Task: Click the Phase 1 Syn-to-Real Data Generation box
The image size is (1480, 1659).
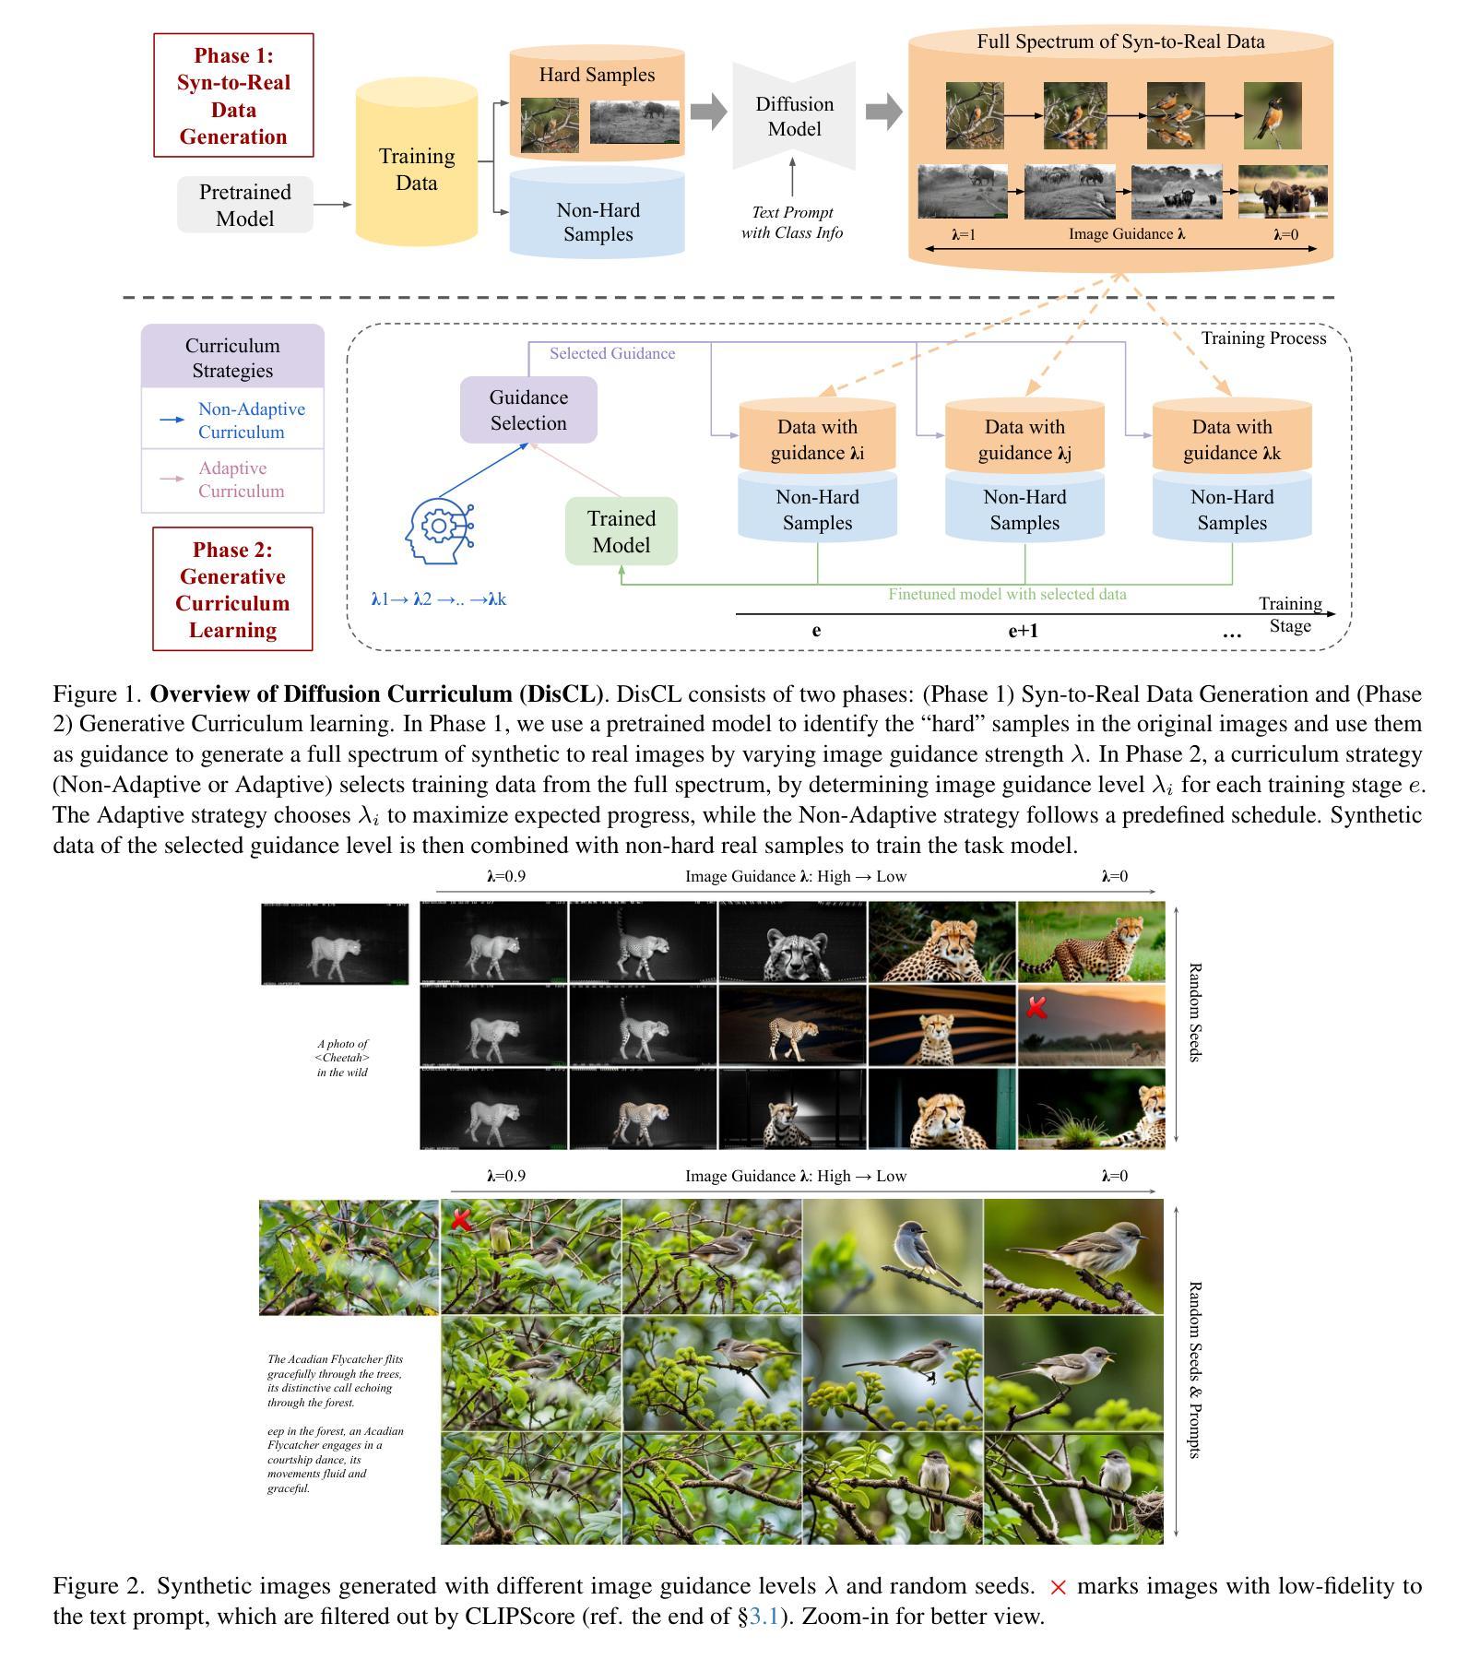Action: tap(233, 95)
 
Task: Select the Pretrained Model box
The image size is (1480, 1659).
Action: tap(245, 205)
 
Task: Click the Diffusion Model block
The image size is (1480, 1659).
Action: tap(794, 116)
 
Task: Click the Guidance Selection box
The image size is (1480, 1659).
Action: tap(528, 409)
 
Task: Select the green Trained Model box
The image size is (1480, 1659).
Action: tap(622, 531)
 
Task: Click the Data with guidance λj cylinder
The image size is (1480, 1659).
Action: tap(1024, 439)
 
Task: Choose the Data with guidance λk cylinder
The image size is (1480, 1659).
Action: tap(1232, 439)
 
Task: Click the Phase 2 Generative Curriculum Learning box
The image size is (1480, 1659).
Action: tap(232, 589)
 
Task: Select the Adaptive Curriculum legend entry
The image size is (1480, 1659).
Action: tap(232, 480)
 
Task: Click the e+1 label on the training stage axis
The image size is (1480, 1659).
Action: tap(1023, 631)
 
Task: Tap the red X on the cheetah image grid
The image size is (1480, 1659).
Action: tap(1036, 1008)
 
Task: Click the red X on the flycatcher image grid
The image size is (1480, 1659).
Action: tap(460, 1221)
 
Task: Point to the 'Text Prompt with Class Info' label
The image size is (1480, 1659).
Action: tap(792, 222)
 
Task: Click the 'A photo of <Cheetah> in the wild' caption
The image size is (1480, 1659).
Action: tap(342, 1058)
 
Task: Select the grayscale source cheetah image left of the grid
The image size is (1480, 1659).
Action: tap(335, 944)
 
